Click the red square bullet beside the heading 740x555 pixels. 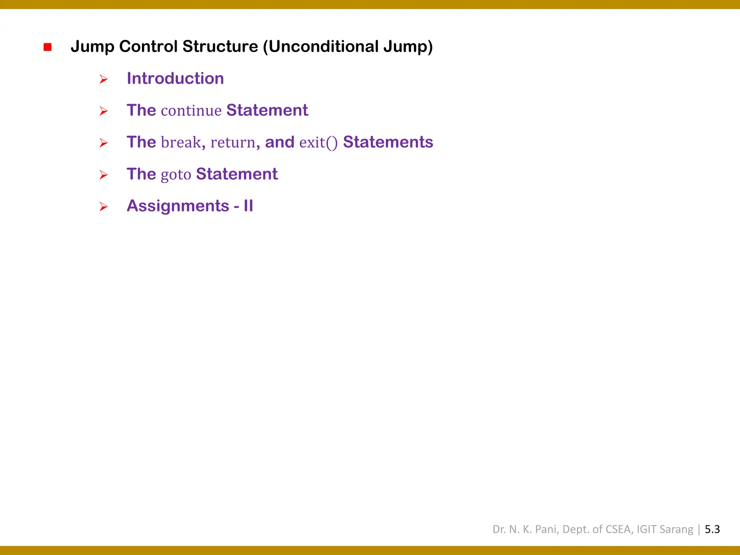[x=47, y=47]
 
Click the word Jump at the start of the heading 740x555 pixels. [x=92, y=47]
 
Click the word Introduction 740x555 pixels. [x=175, y=78]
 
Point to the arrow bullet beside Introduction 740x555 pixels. [x=104, y=79]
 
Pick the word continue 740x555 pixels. [x=191, y=111]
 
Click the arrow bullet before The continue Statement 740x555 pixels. [x=104, y=111]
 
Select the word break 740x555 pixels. [x=181, y=142]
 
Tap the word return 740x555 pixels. [x=233, y=142]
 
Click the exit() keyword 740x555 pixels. [x=318, y=142]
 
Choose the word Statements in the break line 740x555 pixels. [x=388, y=142]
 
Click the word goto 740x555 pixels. [x=176, y=175]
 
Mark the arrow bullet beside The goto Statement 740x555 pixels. [x=104, y=175]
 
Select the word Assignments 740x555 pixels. [x=178, y=206]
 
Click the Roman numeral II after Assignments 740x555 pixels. [x=248, y=206]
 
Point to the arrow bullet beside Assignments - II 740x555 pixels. [x=104, y=207]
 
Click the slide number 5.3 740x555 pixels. [x=712, y=529]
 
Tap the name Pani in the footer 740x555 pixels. [x=546, y=529]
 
